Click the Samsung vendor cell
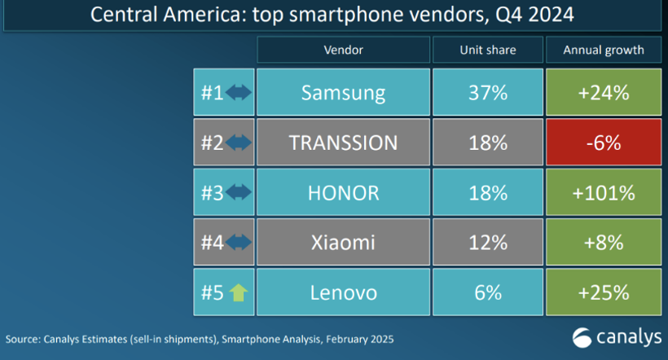tap(343, 93)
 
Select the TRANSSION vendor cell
tap(343, 143)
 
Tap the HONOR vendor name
tap(343, 192)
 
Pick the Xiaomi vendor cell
tap(343, 242)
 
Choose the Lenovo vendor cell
tap(343, 292)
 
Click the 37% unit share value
tap(487, 93)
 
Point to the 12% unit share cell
tap(487, 242)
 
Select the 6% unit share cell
tap(487, 292)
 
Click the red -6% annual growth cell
tap(603, 143)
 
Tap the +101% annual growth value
tap(603, 192)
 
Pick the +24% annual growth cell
tap(603, 93)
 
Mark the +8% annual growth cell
tap(603, 242)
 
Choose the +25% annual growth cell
tap(603, 292)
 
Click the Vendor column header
tap(343, 50)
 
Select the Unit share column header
tap(487, 50)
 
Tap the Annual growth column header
tap(603, 50)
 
